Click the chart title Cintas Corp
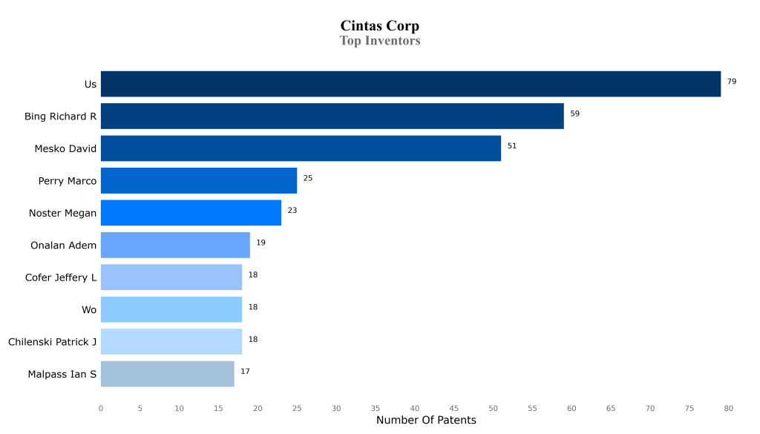click(379, 26)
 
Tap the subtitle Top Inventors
click(379, 41)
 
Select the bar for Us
click(410, 84)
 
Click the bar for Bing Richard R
click(332, 116)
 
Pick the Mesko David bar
click(301, 148)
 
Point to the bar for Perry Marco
click(199, 180)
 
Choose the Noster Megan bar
click(191, 213)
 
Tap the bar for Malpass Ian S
click(167, 374)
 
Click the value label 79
click(732, 82)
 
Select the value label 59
click(574, 114)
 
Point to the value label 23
click(292, 211)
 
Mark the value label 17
click(245, 371)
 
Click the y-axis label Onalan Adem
click(63, 246)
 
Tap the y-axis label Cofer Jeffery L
click(61, 277)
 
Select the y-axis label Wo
click(89, 310)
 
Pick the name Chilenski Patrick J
click(52, 342)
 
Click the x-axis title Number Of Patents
click(426, 421)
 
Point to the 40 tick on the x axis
click(414, 408)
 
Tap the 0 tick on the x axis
click(101, 408)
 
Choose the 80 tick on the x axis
click(728, 408)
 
